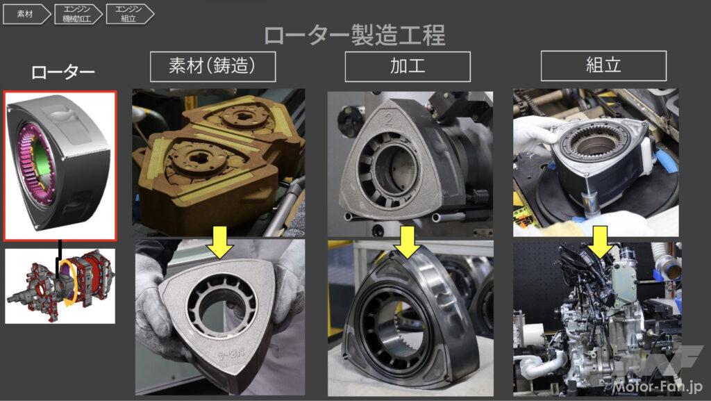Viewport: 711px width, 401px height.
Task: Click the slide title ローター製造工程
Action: point(354,35)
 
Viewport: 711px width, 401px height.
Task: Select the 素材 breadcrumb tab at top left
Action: point(25,14)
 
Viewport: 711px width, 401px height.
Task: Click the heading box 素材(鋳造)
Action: point(212,67)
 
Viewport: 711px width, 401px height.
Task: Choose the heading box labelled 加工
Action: point(408,67)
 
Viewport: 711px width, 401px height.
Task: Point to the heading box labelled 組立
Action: point(603,67)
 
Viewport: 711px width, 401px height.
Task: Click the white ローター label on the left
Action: point(62,72)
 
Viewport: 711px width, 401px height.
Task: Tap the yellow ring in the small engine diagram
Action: point(69,284)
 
